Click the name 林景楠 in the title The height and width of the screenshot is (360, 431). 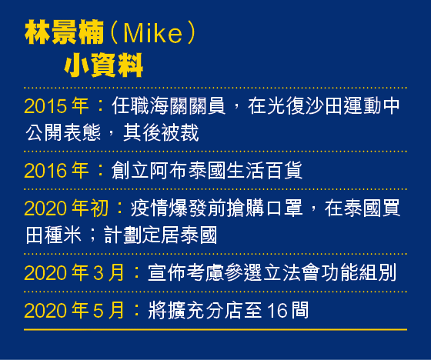[65, 32]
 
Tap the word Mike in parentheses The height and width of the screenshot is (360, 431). [153, 34]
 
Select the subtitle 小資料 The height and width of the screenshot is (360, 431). [104, 65]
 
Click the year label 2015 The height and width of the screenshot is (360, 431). [45, 106]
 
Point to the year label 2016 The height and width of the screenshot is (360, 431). [45, 170]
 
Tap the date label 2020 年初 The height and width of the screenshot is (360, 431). [66, 208]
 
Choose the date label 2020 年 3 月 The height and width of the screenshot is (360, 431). [74, 272]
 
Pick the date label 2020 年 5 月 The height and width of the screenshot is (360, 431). [74, 311]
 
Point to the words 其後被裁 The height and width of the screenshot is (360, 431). [161, 132]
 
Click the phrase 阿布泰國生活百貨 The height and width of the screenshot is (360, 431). [226, 170]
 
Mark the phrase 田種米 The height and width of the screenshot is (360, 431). [53, 235]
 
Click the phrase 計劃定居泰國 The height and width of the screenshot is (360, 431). [161, 235]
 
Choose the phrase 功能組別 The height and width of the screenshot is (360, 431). [359, 272]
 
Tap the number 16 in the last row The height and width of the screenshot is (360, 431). [277, 311]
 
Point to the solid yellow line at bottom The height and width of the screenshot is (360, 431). [215, 329]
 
